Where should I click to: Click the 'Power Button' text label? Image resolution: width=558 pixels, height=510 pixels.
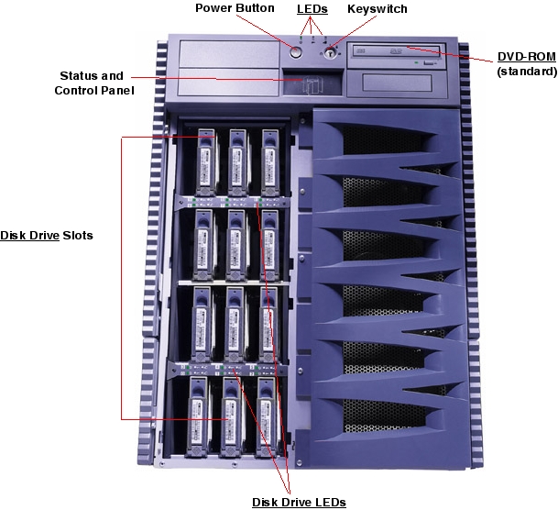[x=235, y=9]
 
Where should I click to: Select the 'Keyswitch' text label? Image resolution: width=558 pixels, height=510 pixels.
[x=377, y=9]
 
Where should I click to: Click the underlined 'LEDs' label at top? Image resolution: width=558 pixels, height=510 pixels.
[x=312, y=9]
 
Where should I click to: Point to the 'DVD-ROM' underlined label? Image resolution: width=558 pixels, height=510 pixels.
[x=526, y=57]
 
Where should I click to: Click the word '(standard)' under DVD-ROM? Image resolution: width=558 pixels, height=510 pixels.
[x=526, y=71]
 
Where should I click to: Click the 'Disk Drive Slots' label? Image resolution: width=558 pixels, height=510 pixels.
[x=46, y=236]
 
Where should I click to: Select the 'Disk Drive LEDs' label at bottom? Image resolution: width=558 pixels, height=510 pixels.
[x=299, y=502]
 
